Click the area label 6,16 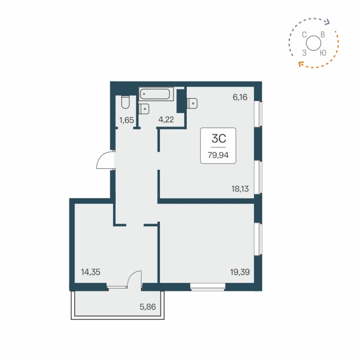[x=240, y=96]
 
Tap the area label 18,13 [x=240, y=189]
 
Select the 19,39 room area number [x=240, y=272]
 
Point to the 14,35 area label [x=91, y=273]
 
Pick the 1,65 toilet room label [x=127, y=120]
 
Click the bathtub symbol [x=156, y=94]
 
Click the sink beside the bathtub [x=144, y=109]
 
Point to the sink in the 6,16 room [x=192, y=103]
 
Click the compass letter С [x=304, y=35]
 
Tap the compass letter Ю [x=322, y=52]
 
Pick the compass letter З [x=304, y=52]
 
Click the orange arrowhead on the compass [x=299, y=64]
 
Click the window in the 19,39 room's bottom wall [x=208, y=286]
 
